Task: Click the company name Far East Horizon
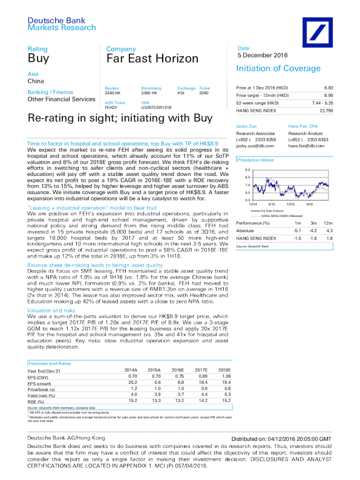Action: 152,59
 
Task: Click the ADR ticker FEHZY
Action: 111,106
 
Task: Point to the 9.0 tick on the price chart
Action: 247,170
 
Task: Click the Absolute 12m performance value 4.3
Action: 329,230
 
